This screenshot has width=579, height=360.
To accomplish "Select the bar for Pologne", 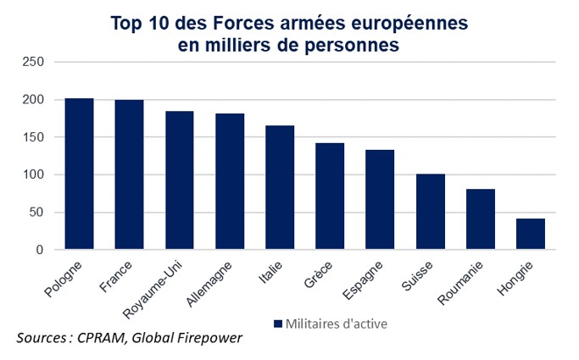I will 79,174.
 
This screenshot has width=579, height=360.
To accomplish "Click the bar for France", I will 129,175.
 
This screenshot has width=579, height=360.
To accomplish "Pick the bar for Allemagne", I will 230,182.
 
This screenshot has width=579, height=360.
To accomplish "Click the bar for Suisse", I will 431,212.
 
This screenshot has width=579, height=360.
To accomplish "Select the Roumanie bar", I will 481,219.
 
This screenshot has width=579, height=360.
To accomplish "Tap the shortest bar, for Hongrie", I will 531,235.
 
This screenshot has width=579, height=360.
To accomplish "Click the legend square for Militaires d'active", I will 278,323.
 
